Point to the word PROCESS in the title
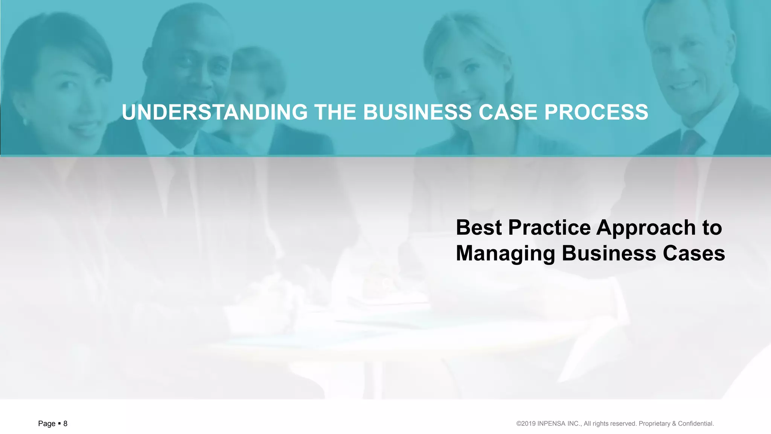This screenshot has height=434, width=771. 596,112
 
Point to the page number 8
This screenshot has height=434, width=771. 65,423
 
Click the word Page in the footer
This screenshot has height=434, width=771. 47,423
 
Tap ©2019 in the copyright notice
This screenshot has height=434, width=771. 526,423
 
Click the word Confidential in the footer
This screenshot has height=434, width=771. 696,423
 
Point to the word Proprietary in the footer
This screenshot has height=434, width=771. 654,423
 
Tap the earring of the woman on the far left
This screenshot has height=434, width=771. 25,122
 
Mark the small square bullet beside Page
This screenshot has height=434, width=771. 59,423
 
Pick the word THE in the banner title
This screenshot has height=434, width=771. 335,112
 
